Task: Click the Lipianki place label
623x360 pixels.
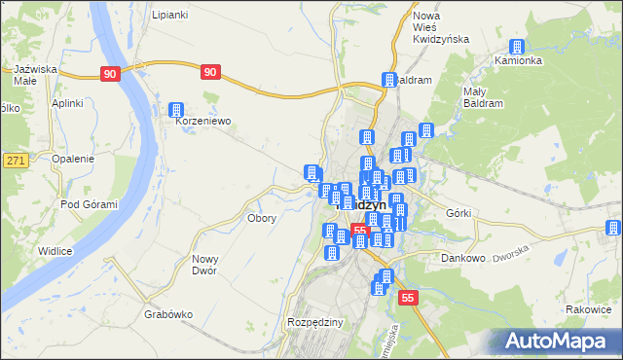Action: pyautogui.click(x=169, y=16)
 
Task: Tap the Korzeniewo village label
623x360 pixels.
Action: pyautogui.click(x=202, y=123)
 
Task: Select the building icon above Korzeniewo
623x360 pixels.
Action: pyautogui.click(x=176, y=111)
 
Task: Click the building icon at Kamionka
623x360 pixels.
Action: pyautogui.click(x=518, y=47)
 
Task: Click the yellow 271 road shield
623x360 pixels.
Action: pyautogui.click(x=15, y=160)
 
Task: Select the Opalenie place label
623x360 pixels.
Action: pyautogui.click(x=73, y=159)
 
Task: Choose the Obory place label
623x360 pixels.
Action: pyautogui.click(x=263, y=218)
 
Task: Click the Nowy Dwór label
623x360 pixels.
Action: pyautogui.click(x=204, y=265)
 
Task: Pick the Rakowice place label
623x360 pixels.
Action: pyautogui.click(x=587, y=310)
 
